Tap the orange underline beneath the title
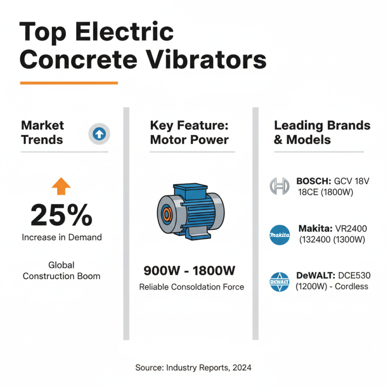click(x=69, y=83)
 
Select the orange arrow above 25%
click(x=61, y=186)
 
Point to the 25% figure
click(x=61, y=215)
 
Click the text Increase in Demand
click(x=62, y=238)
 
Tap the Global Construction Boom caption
click(x=62, y=271)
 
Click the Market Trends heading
click(x=43, y=132)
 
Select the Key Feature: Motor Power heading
click(x=189, y=132)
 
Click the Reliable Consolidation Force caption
click(x=192, y=287)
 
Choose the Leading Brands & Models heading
click(x=322, y=132)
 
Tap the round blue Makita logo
click(x=279, y=235)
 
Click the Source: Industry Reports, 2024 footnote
click(x=194, y=368)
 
